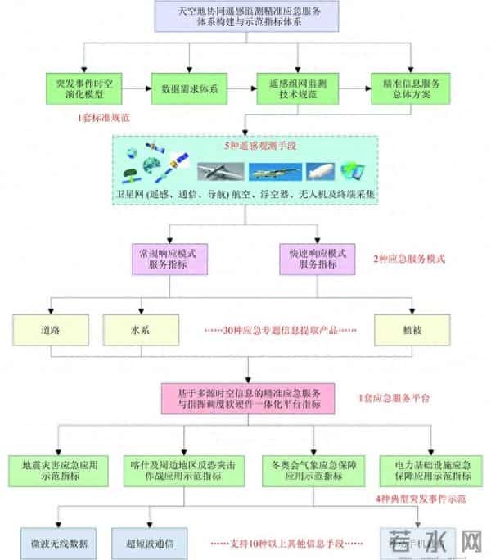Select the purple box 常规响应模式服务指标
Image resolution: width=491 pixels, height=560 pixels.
(x=169, y=259)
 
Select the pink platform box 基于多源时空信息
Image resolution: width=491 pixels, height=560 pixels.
(x=250, y=399)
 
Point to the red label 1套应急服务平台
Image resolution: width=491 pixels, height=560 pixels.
(x=394, y=399)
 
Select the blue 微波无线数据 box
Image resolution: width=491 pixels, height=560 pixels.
(x=59, y=542)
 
